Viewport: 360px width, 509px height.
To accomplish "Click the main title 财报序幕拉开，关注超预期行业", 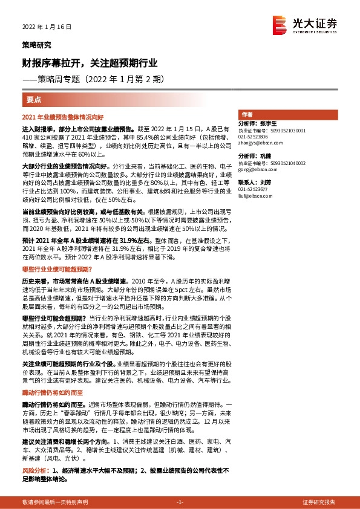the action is [91, 62].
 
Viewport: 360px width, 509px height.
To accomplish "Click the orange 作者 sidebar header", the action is [247, 114].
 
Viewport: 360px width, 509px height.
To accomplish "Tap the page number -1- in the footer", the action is [180, 502].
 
